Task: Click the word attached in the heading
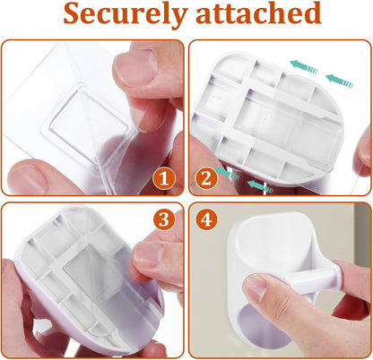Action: point(258,13)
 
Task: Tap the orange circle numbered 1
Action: point(163,179)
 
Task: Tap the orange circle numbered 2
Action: point(206,179)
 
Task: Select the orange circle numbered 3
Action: point(164,219)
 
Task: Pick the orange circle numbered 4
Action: point(206,219)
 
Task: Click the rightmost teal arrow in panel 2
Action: point(340,81)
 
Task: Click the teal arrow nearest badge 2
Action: point(228,174)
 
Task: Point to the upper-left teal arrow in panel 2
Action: point(304,66)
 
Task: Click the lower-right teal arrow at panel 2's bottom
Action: point(260,186)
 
